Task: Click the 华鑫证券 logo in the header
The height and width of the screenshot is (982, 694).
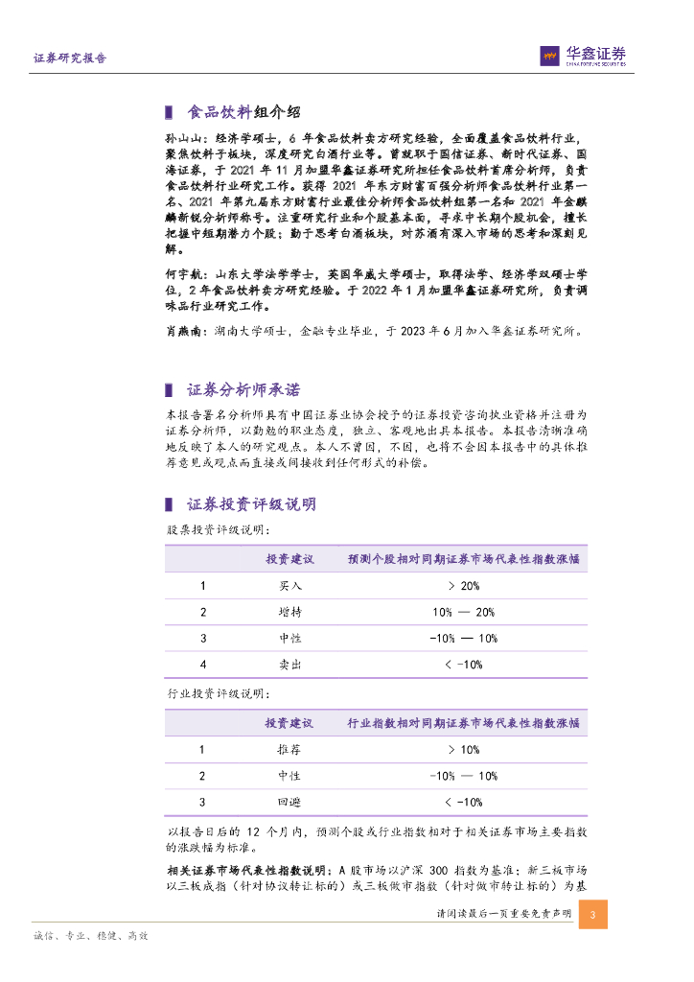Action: click(x=584, y=56)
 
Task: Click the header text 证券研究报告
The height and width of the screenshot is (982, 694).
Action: click(x=70, y=58)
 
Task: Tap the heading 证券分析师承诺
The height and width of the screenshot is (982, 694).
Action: click(x=243, y=390)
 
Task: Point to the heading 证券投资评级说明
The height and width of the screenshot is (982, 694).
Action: click(x=251, y=504)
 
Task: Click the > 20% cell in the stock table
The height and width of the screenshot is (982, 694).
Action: click(x=463, y=586)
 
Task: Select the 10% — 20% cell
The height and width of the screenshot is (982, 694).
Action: click(x=463, y=612)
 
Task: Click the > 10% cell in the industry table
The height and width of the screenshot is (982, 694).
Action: click(x=463, y=750)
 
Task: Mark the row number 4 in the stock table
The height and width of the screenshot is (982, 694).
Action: click(x=202, y=664)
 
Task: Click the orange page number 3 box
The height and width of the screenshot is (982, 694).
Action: click(x=593, y=914)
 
